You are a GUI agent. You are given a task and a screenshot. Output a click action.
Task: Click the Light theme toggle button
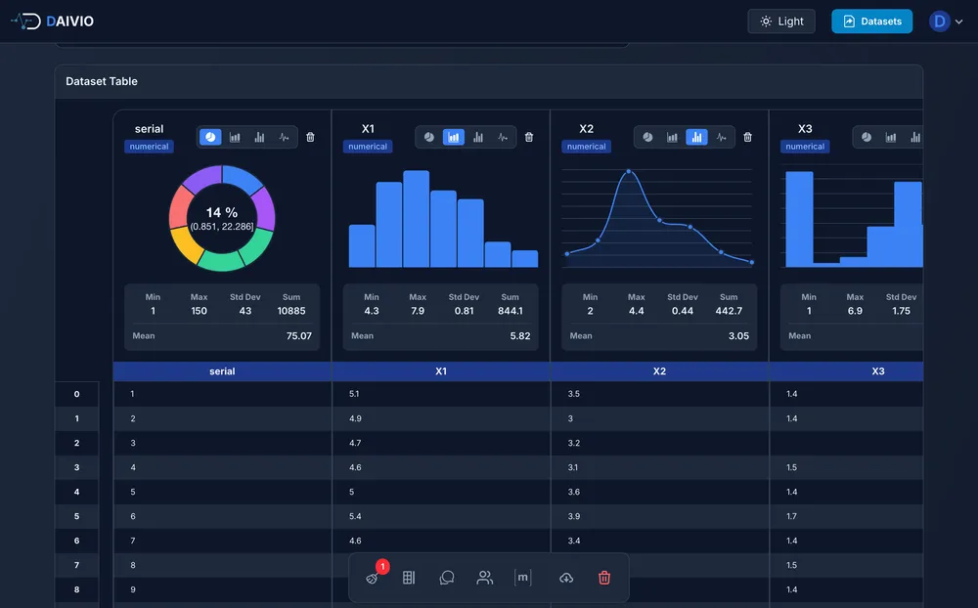(x=780, y=22)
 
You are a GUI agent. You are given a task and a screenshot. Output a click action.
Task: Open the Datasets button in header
(x=871, y=22)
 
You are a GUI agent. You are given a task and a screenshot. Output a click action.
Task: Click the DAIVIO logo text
(x=69, y=22)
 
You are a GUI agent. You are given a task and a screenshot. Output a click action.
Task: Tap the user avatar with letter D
(x=940, y=22)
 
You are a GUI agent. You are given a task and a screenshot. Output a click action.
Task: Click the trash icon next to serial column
(x=310, y=138)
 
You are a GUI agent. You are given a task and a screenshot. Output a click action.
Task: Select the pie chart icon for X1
(x=429, y=138)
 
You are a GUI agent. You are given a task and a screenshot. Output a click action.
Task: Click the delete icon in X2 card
(x=747, y=138)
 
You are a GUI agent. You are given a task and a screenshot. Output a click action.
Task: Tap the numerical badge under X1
(x=368, y=147)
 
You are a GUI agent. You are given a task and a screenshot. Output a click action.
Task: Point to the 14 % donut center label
(x=222, y=213)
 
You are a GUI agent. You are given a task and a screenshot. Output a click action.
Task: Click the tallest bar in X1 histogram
(x=417, y=219)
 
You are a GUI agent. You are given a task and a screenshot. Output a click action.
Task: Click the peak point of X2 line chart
(x=629, y=173)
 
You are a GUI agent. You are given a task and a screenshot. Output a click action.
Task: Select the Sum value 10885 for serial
(x=291, y=311)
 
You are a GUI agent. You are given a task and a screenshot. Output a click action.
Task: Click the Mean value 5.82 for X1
(x=520, y=335)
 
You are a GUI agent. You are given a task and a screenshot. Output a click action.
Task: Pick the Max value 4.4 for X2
(x=636, y=311)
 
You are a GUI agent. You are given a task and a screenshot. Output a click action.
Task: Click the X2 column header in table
(x=659, y=371)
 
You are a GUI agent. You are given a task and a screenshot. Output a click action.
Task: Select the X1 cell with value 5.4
(x=356, y=516)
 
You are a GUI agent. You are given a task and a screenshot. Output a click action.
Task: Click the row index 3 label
(x=76, y=467)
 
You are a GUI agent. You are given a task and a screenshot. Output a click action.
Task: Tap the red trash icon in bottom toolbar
(x=603, y=578)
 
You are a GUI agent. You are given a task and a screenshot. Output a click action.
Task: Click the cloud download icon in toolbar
(x=565, y=578)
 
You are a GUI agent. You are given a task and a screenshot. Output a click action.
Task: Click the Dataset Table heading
(x=102, y=81)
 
